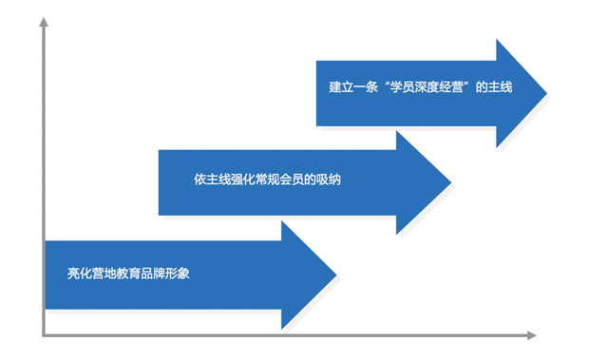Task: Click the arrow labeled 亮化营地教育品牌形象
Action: point(190,275)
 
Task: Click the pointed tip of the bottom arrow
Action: point(335,275)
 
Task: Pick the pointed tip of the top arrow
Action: point(546,92)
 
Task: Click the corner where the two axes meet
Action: point(44,334)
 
